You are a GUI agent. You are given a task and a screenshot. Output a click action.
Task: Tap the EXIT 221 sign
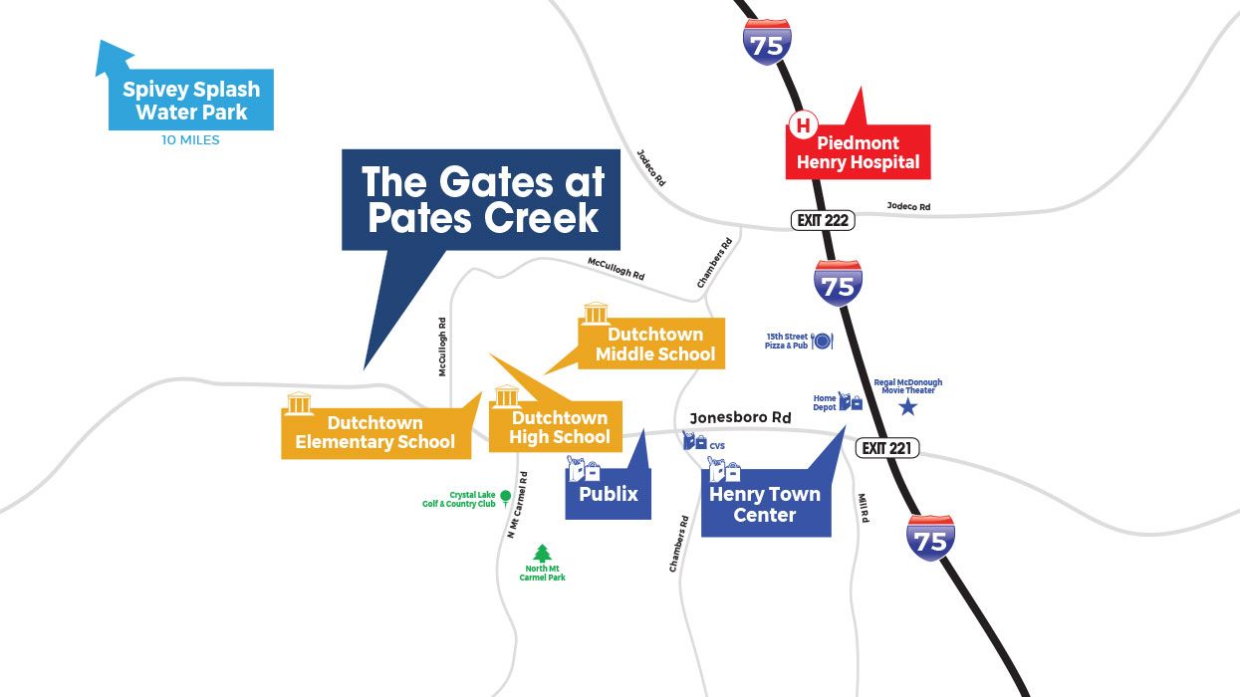885,448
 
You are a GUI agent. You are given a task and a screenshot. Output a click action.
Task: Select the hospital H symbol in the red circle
802,125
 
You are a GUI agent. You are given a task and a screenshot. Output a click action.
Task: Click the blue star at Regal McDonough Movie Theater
907,407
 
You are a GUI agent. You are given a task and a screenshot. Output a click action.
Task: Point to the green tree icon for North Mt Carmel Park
542,554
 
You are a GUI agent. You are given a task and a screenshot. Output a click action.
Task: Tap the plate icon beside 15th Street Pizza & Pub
823,341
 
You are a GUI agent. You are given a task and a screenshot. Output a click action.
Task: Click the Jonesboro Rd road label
740,418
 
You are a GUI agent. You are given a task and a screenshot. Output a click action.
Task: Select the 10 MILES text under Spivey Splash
190,140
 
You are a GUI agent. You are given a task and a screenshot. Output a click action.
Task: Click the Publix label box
609,494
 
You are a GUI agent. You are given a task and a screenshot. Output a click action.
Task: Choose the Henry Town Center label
765,504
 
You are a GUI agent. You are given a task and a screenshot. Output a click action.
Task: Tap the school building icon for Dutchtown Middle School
596,314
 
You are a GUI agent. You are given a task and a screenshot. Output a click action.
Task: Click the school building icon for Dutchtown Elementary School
299,403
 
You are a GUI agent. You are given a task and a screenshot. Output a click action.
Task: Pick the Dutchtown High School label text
560,427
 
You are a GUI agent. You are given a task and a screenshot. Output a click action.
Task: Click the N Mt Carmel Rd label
516,505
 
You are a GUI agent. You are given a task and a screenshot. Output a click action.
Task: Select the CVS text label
717,446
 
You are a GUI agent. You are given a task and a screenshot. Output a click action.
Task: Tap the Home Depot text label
825,401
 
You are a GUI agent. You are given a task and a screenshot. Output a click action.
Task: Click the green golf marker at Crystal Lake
505,496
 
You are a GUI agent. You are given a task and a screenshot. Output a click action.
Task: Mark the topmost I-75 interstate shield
767,40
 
